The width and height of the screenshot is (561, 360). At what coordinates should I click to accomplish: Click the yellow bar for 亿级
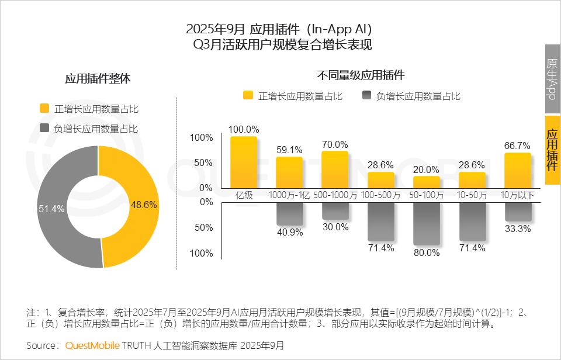(x=244, y=161)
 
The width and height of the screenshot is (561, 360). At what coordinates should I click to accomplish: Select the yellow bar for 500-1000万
(x=335, y=169)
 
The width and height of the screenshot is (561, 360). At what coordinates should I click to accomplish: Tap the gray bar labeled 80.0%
(x=426, y=224)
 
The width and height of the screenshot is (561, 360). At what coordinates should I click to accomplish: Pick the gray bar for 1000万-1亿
(x=289, y=214)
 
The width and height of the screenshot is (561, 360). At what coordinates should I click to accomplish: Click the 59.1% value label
(x=289, y=150)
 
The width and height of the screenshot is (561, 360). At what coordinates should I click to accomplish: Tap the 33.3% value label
(x=518, y=229)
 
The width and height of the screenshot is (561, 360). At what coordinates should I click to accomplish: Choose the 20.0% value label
(x=426, y=169)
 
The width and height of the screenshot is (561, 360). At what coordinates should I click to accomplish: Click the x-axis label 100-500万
(x=381, y=195)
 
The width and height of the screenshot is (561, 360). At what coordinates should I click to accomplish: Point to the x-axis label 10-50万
(x=472, y=195)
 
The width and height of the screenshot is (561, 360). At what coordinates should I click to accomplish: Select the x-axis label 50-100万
(x=426, y=195)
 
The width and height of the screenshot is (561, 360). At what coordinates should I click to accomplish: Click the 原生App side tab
(x=552, y=79)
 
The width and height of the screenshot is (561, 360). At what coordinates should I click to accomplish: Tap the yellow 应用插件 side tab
(x=552, y=150)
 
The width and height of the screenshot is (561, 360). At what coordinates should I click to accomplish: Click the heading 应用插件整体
(x=98, y=79)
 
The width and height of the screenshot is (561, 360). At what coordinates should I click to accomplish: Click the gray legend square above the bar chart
(x=367, y=96)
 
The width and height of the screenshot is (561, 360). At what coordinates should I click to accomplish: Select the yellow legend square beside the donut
(x=44, y=108)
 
